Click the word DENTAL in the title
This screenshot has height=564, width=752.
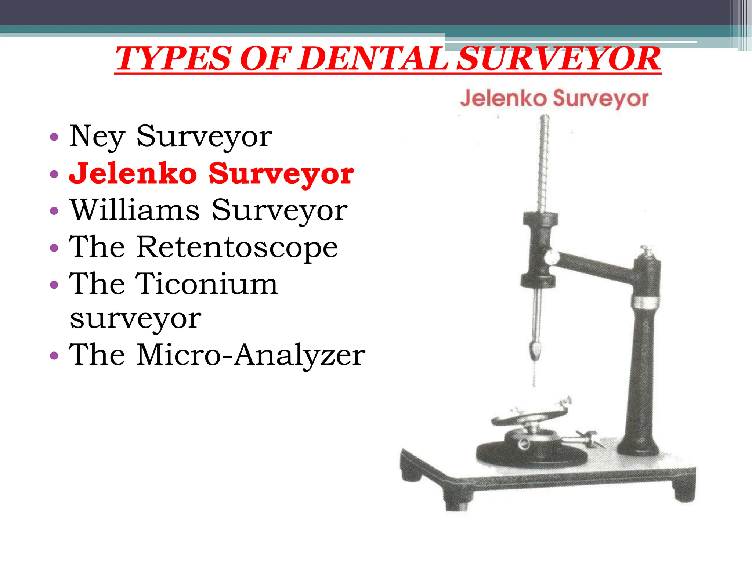click(x=375, y=59)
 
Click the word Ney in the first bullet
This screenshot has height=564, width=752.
click(x=97, y=137)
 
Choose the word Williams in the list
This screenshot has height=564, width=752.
click(x=135, y=210)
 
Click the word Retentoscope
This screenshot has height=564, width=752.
click(x=237, y=247)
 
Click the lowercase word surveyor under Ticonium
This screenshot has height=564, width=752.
click(x=135, y=318)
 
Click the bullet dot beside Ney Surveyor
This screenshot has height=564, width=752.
click(x=54, y=137)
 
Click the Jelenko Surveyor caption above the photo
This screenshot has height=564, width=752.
click(x=554, y=98)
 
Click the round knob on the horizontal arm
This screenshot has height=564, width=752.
click(x=551, y=257)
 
